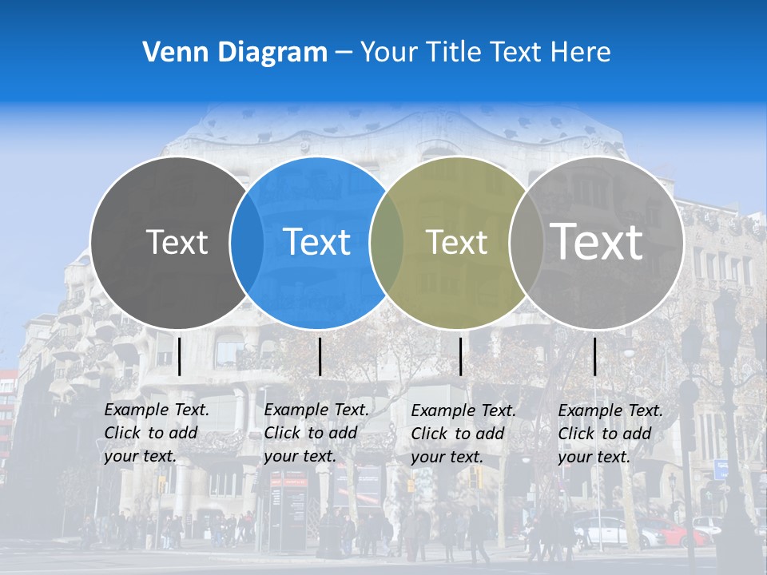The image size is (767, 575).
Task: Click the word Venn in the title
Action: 169,53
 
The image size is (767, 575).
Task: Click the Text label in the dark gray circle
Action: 177,242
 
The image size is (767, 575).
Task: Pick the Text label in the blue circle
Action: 316,242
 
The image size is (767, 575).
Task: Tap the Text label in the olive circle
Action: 456,242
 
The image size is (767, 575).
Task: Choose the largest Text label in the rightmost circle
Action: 597,241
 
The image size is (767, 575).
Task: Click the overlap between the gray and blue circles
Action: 247,243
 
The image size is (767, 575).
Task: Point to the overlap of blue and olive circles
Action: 387,243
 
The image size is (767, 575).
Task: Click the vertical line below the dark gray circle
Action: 180,356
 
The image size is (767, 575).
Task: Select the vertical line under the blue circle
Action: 320,356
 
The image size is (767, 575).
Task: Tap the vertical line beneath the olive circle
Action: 460,356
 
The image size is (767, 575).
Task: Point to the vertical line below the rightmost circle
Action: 594,356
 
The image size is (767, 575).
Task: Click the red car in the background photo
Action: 675,531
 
